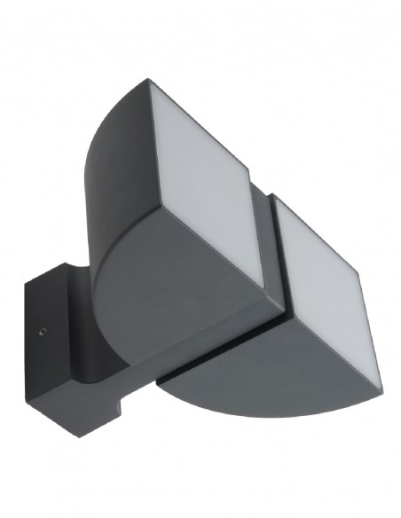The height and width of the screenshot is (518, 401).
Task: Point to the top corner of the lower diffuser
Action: pyautogui.click(x=277, y=198)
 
